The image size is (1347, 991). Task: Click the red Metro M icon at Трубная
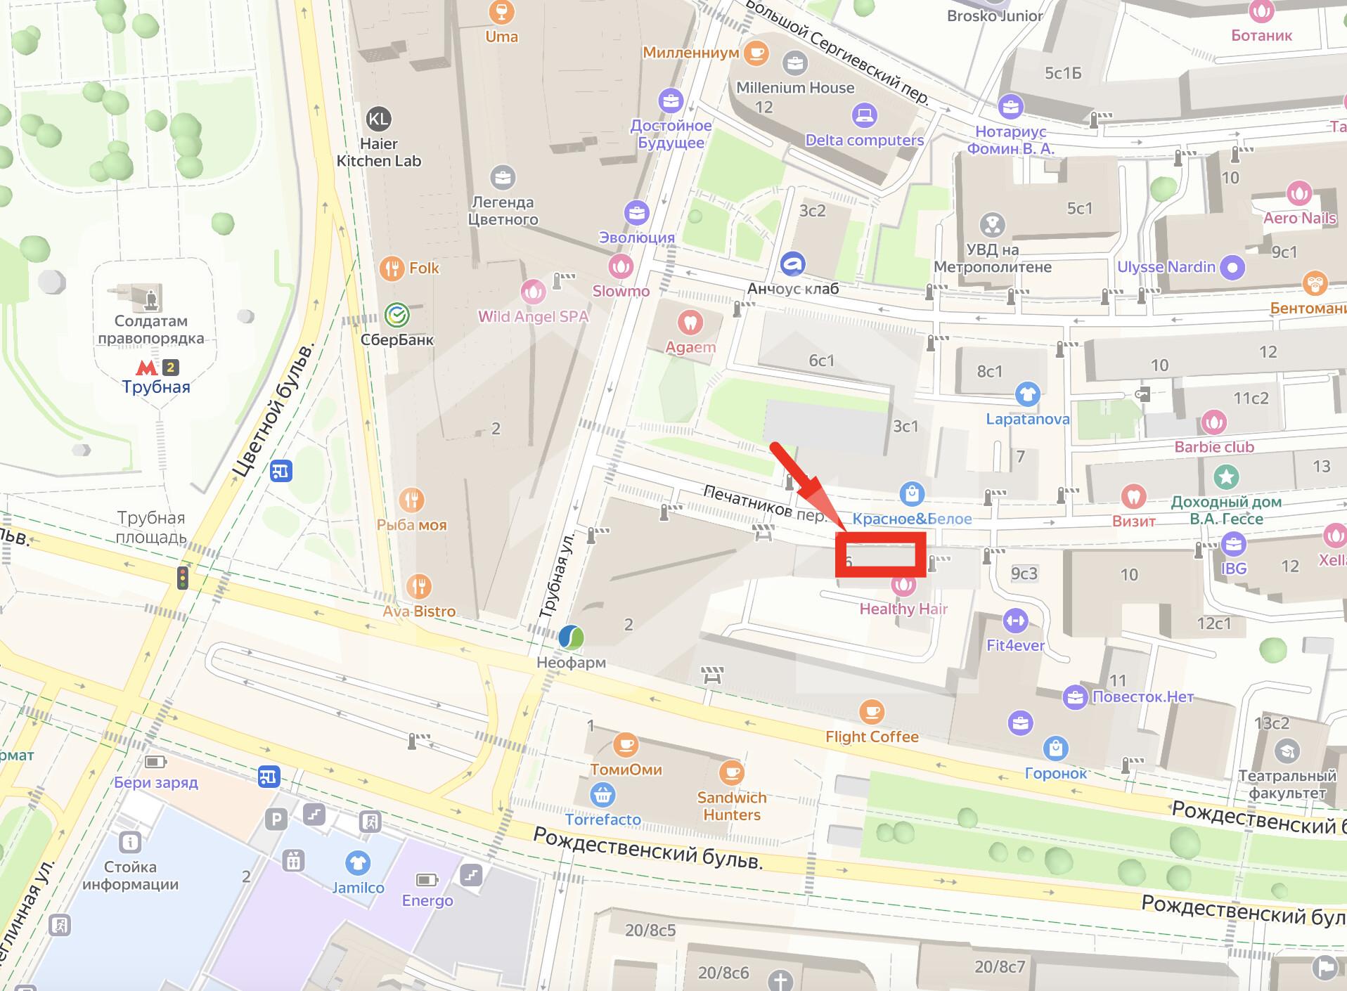click(146, 367)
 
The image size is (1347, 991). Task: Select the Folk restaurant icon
click(392, 268)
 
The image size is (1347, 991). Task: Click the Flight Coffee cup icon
click(872, 712)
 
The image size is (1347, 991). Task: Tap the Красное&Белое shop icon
click(912, 493)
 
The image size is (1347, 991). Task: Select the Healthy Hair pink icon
click(903, 585)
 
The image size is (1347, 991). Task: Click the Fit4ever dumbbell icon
click(1014, 621)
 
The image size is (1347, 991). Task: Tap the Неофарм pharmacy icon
click(571, 637)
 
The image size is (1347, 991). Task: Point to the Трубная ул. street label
click(558, 575)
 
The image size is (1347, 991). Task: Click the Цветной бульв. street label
click(276, 410)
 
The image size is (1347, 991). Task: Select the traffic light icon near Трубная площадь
click(183, 578)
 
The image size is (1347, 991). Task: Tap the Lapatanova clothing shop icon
click(1027, 394)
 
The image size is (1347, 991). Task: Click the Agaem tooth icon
click(690, 323)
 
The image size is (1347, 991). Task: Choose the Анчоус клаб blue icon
click(793, 264)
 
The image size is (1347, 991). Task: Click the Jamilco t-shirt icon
click(358, 863)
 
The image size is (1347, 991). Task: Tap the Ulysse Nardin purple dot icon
click(1232, 267)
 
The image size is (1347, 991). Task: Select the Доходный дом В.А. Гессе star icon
click(1226, 477)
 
